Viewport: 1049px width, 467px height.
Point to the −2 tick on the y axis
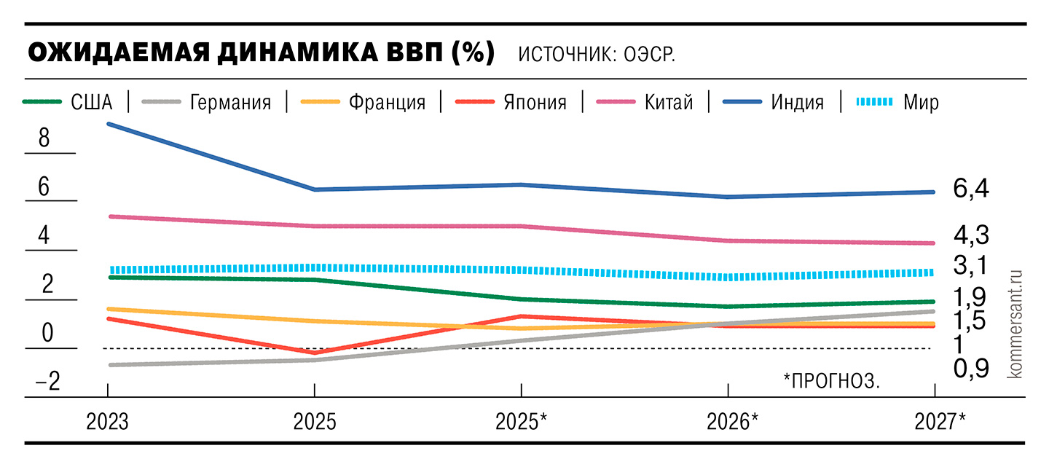(x=44, y=382)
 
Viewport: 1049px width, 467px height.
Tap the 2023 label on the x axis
(x=108, y=421)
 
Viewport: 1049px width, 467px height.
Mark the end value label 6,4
(x=970, y=189)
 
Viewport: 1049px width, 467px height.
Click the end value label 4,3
(x=970, y=235)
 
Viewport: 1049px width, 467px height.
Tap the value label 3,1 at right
(x=970, y=267)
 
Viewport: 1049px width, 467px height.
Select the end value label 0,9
(x=970, y=369)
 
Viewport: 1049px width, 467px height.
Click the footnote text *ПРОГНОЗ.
(x=832, y=380)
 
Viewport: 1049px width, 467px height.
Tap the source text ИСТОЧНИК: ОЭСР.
(x=597, y=55)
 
